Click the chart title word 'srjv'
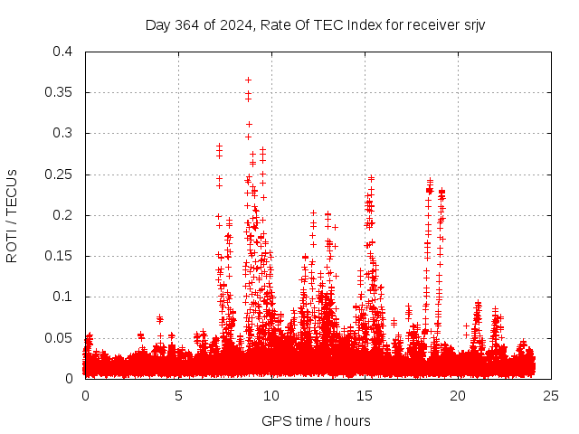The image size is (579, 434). click(473, 24)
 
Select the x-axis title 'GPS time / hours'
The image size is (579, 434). click(316, 420)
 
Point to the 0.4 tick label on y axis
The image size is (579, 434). click(63, 52)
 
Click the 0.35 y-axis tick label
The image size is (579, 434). click(60, 92)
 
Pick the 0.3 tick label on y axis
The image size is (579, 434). click(63, 133)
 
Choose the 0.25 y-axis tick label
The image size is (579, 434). click(60, 175)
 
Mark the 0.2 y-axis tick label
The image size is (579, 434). click(63, 215)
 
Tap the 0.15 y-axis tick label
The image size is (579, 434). click(60, 256)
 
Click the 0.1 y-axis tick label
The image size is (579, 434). click(63, 297)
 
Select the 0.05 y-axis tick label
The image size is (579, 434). click(60, 337)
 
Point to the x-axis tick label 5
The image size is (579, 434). click(178, 395)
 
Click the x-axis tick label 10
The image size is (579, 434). click(271, 395)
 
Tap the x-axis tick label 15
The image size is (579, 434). click(365, 395)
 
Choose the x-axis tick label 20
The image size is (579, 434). click(458, 395)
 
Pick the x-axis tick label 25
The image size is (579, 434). click(551, 395)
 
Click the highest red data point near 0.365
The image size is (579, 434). click(248, 80)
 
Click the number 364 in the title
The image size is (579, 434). click(185, 24)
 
